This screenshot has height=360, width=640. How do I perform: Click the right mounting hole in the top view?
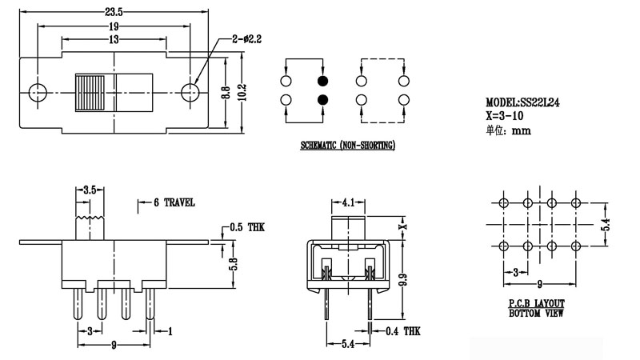[190, 92]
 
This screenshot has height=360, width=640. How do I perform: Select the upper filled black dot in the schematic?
[322, 82]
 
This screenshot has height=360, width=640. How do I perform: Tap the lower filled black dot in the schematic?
[322, 100]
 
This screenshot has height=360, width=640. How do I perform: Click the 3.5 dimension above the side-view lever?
[90, 190]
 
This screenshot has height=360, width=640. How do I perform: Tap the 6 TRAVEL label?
[174, 203]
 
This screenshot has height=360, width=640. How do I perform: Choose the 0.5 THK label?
[246, 228]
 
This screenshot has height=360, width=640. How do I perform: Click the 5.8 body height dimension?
[233, 263]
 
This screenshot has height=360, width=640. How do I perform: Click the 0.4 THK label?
[403, 330]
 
